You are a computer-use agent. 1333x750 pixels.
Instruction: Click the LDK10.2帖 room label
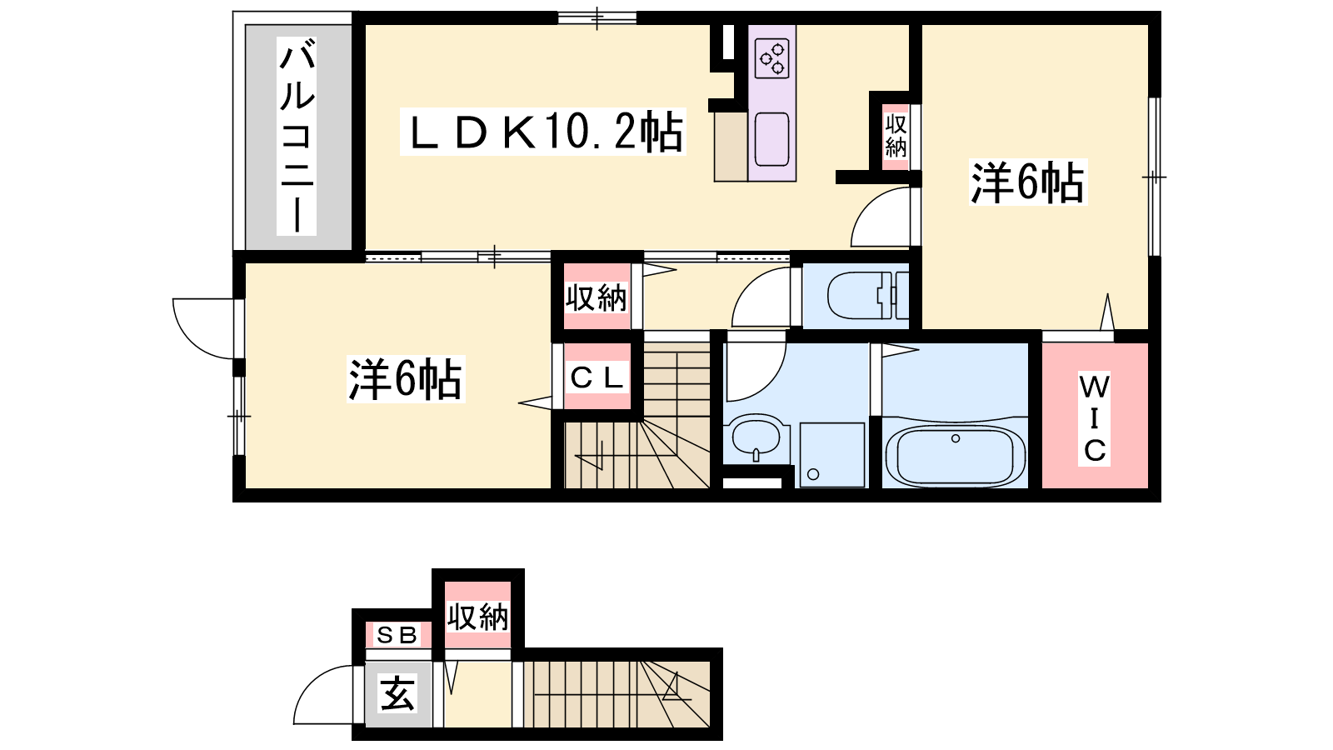(x=542, y=132)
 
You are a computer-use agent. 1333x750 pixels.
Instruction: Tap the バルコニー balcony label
(x=297, y=136)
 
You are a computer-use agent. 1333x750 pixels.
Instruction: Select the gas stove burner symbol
(x=771, y=58)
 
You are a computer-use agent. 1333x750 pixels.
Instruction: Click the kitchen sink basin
(x=771, y=139)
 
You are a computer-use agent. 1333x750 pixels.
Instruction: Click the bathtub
(x=955, y=457)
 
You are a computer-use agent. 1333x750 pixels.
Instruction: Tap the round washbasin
(x=756, y=437)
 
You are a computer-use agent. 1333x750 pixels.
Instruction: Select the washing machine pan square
(x=832, y=455)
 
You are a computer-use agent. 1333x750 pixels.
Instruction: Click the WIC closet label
(x=1095, y=418)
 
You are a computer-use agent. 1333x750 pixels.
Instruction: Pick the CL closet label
(x=597, y=377)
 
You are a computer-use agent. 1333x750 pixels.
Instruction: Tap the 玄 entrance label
(x=397, y=693)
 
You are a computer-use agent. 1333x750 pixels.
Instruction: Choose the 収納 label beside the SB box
(x=478, y=617)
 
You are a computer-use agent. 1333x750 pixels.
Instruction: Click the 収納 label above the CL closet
(x=596, y=297)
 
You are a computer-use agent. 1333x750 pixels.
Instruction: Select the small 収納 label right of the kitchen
(x=896, y=137)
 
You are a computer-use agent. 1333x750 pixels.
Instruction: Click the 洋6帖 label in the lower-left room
(x=405, y=379)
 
